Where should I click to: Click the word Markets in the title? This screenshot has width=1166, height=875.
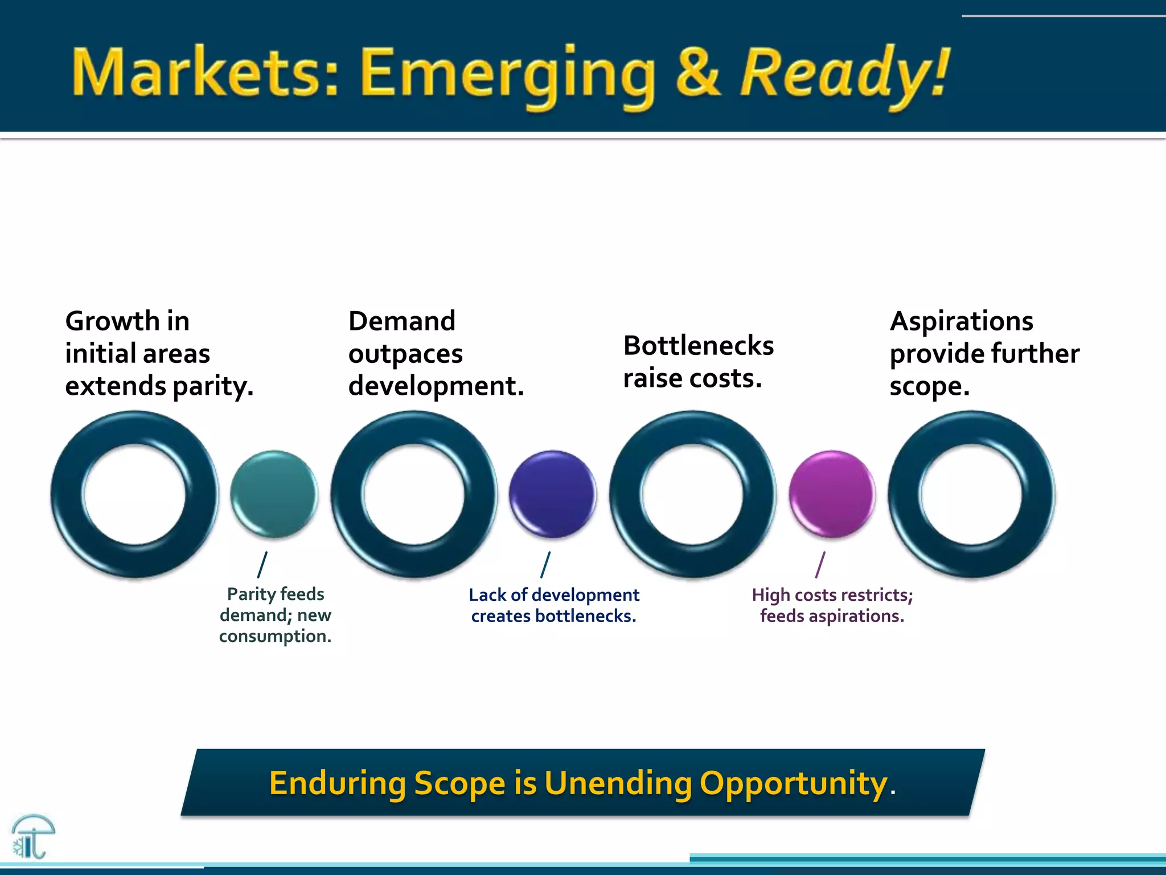(205, 72)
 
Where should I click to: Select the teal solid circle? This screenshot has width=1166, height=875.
(274, 494)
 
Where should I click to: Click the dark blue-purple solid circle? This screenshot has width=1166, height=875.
(552, 494)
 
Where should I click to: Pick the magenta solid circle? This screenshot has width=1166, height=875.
(831, 494)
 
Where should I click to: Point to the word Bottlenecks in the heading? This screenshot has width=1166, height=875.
(698, 346)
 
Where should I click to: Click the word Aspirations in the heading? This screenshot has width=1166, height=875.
(961, 321)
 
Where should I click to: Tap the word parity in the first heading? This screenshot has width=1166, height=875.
(212, 387)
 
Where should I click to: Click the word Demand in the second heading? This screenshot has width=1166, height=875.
(401, 321)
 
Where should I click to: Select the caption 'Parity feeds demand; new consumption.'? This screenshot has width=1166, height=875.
(275, 615)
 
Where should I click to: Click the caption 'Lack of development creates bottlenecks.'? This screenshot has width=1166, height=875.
(553, 606)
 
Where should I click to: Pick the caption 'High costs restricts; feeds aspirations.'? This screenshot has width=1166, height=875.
(832, 606)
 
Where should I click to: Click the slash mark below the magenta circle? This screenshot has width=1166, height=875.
(820, 565)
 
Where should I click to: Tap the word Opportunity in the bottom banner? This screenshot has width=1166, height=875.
(793, 783)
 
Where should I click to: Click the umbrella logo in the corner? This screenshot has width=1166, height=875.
(32, 836)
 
